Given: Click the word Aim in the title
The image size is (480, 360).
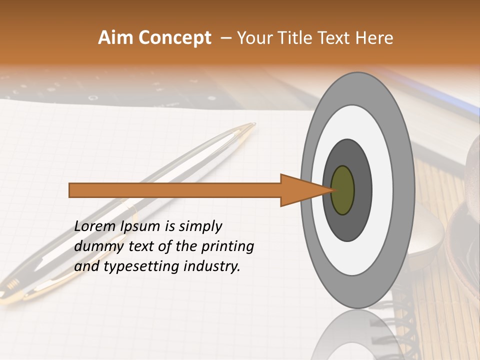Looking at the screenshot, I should pos(115,38).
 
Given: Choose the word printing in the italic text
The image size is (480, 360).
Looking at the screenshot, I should pos(227,246).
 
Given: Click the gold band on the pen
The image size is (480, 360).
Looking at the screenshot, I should pos(132,209).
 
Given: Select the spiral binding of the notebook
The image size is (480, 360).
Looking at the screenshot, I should pos(400,320).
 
